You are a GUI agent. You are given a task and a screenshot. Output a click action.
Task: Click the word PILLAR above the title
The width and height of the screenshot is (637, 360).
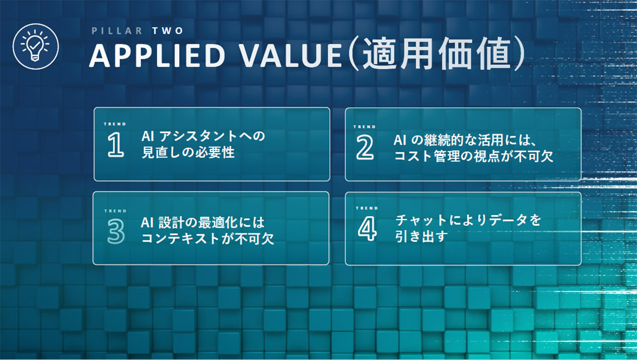[x=117, y=31]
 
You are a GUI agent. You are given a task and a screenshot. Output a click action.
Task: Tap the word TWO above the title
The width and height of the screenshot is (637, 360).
[x=168, y=31]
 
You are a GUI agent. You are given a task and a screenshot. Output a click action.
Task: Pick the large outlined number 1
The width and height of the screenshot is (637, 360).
[x=116, y=145]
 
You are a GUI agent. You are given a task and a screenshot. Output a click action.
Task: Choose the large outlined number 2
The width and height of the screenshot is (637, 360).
[x=365, y=147]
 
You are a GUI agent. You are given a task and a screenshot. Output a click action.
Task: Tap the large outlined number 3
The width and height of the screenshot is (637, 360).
[x=116, y=232]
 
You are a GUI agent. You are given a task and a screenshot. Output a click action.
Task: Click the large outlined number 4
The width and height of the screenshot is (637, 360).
[x=367, y=229]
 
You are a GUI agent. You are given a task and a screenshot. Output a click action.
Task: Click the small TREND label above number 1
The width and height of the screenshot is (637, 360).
[x=115, y=124]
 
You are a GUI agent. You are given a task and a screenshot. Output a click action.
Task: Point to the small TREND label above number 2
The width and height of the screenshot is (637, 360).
[x=365, y=127]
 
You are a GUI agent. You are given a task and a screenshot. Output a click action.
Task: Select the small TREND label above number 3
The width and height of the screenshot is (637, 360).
[x=115, y=211]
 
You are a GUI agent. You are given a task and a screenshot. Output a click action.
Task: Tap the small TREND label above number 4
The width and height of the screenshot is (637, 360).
[x=367, y=208]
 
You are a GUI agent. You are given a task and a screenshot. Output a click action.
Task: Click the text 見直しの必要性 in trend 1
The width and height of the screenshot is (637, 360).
[x=188, y=152]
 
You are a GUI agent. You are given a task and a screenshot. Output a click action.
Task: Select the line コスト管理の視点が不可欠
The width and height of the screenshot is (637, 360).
[x=473, y=156]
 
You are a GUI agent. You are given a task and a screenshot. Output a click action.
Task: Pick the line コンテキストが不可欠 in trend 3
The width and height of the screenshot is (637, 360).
[x=208, y=239]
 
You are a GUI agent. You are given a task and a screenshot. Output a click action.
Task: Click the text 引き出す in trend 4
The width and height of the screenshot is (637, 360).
[x=422, y=236]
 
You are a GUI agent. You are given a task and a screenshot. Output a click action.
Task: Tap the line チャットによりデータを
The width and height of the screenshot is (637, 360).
[x=468, y=220]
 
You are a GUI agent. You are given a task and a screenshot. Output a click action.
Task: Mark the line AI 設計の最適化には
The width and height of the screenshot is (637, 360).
[x=203, y=223]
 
